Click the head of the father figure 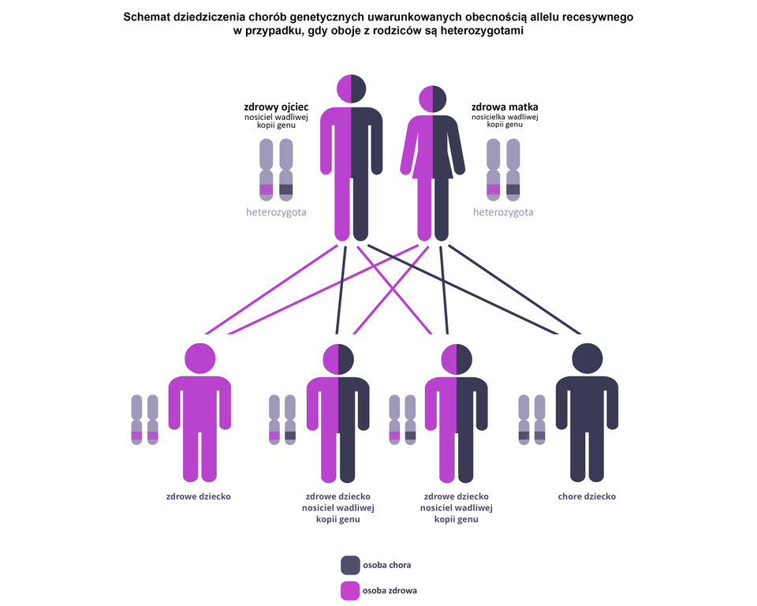pyautogui.click(x=352, y=88)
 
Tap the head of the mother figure pyautogui.click(x=432, y=99)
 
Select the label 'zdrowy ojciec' pyautogui.click(x=276, y=107)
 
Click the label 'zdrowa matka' pyautogui.click(x=505, y=107)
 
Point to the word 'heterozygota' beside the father pyautogui.click(x=276, y=212)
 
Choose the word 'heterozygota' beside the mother pyautogui.click(x=503, y=212)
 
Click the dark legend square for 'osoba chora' pyautogui.click(x=350, y=565)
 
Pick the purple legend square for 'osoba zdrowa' pyautogui.click(x=350, y=590)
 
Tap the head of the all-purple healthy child pyautogui.click(x=200, y=359)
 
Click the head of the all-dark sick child pyautogui.click(x=587, y=359)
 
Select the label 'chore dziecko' pyautogui.click(x=587, y=497)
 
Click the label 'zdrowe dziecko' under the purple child pyautogui.click(x=199, y=497)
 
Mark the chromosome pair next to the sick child pyautogui.click(x=531, y=419)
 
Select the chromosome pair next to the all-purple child pyautogui.click(x=144, y=419)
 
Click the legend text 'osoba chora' pyautogui.click(x=386, y=565)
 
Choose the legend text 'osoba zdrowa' pyautogui.click(x=390, y=590)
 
